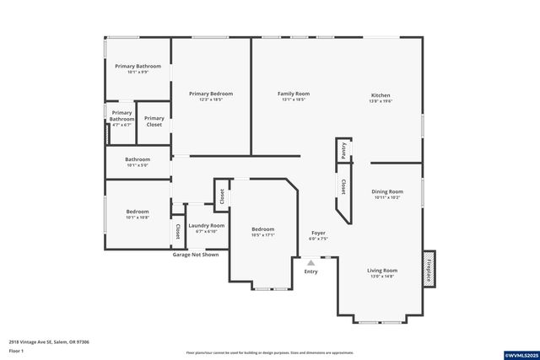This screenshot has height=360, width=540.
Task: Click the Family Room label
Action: click(x=294, y=96)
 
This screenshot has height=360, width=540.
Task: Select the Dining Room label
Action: click(x=387, y=194)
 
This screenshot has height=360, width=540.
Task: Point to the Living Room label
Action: click(x=381, y=273)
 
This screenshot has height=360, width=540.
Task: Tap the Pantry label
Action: click(x=343, y=150)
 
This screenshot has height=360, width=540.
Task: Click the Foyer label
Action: click(x=318, y=235)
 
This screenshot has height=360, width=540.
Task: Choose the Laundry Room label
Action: click(x=206, y=228)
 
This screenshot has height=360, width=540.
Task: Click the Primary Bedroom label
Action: click(x=210, y=96)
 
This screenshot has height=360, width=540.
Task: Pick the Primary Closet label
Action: click(x=154, y=121)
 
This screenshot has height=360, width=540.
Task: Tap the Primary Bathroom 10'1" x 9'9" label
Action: click(x=138, y=68)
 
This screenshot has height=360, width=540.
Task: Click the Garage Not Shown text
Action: click(x=196, y=254)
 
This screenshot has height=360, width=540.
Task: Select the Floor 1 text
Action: click(x=16, y=350)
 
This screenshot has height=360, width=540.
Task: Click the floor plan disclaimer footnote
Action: click(x=269, y=352)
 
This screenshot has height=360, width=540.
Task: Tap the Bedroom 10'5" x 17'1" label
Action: click(x=262, y=232)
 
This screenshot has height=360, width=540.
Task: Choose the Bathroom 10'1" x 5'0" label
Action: click(x=138, y=162)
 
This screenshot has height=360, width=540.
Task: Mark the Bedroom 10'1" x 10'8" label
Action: click(x=138, y=214)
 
